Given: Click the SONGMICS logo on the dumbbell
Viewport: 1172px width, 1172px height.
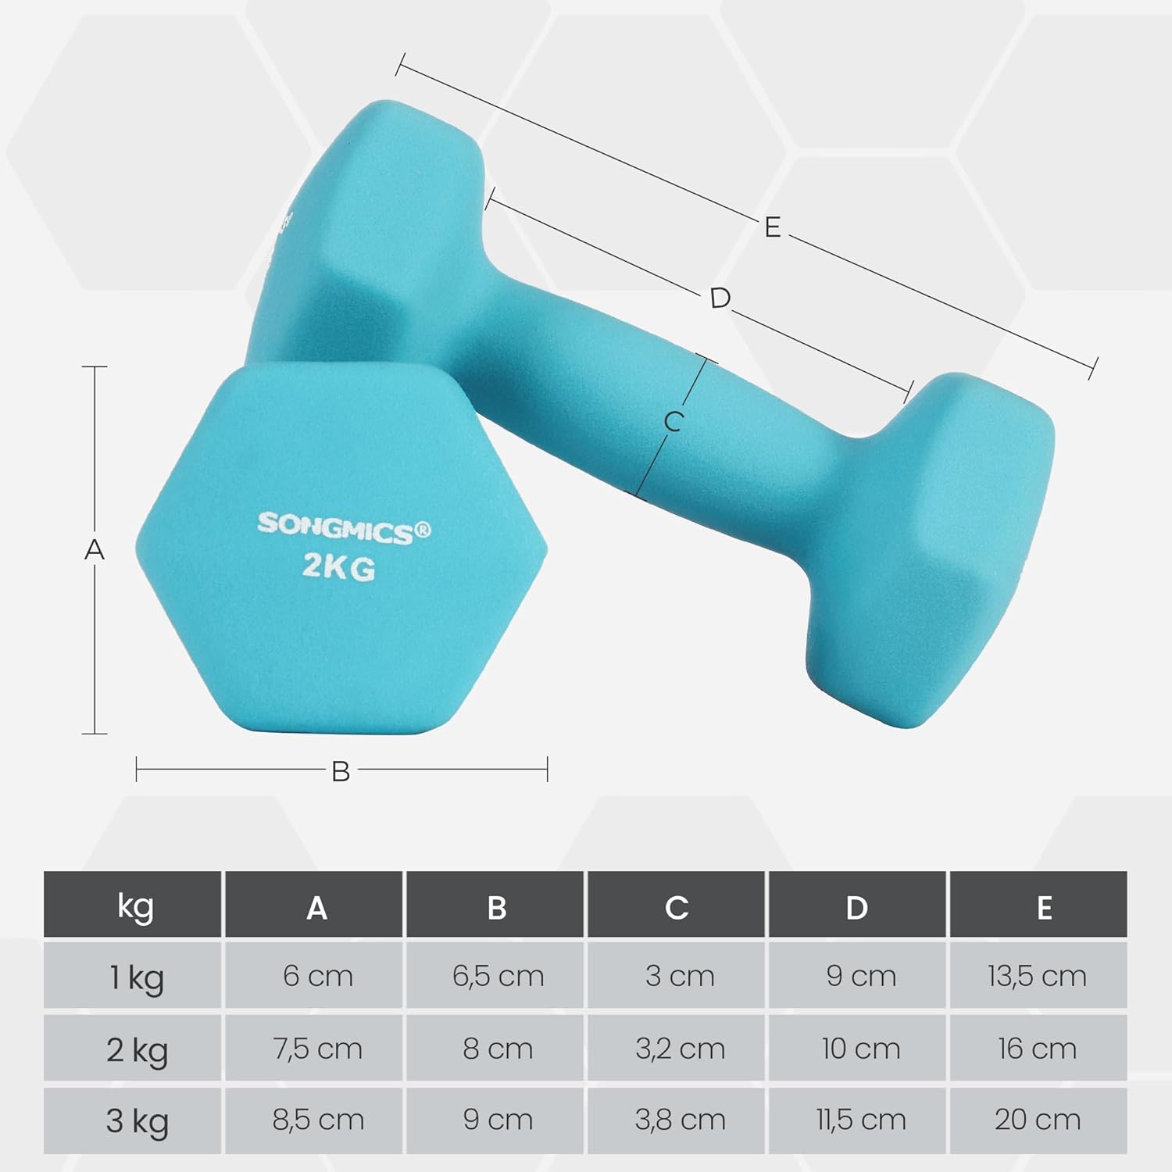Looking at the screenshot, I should tap(344, 527).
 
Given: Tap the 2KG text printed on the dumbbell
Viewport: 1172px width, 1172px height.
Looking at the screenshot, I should tap(338, 568).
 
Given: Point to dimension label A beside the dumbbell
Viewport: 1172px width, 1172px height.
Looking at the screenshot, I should tap(95, 550).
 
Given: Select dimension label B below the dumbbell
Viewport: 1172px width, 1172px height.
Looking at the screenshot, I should tap(341, 772).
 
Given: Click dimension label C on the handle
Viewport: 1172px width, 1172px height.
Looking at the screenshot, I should tap(673, 422).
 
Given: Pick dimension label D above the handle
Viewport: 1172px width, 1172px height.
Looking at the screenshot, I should tap(720, 298).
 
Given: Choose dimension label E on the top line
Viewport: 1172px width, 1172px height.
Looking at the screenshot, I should tap(772, 227).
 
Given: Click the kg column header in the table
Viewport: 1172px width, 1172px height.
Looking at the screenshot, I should tap(134, 906).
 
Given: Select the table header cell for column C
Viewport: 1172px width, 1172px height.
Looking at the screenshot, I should tap(677, 907).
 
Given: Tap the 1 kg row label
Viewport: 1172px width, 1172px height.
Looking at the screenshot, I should tap(136, 977).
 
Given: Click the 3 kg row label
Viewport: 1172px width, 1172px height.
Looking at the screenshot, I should tap(137, 1120).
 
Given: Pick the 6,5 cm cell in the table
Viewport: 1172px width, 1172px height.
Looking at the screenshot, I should tap(497, 976).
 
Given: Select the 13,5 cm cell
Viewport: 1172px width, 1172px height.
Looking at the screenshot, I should tap(1037, 976).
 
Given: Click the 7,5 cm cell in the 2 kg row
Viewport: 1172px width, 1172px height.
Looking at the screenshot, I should tap(317, 1049).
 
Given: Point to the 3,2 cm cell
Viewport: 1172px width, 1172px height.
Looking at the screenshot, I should tap(679, 1049).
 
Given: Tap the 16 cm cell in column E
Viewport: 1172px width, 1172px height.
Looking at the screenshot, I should tap(1037, 1049).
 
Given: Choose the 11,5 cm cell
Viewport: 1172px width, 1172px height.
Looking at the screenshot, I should tap(860, 1120).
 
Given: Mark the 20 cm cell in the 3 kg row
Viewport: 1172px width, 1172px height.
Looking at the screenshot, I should tap(1037, 1120).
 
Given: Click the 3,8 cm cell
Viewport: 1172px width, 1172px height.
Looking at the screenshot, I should tap(679, 1120).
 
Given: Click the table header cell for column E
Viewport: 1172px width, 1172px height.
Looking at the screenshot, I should tap(1044, 907).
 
